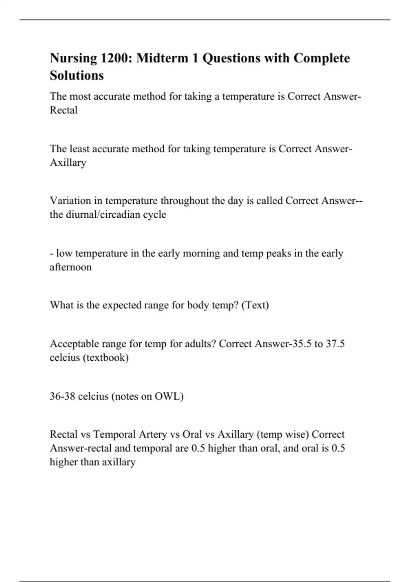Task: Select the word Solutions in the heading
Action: click(x=77, y=75)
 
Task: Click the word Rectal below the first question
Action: click(x=64, y=110)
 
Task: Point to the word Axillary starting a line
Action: click(x=68, y=163)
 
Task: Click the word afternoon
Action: click(x=71, y=267)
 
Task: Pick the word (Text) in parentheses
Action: click(x=255, y=305)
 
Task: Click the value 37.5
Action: click(x=335, y=344)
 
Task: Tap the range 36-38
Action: click(x=62, y=396)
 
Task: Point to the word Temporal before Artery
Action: click(x=114, y=434)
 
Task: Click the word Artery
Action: click(x=152, y=434)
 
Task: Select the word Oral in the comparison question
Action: click(x=192, y=434)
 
